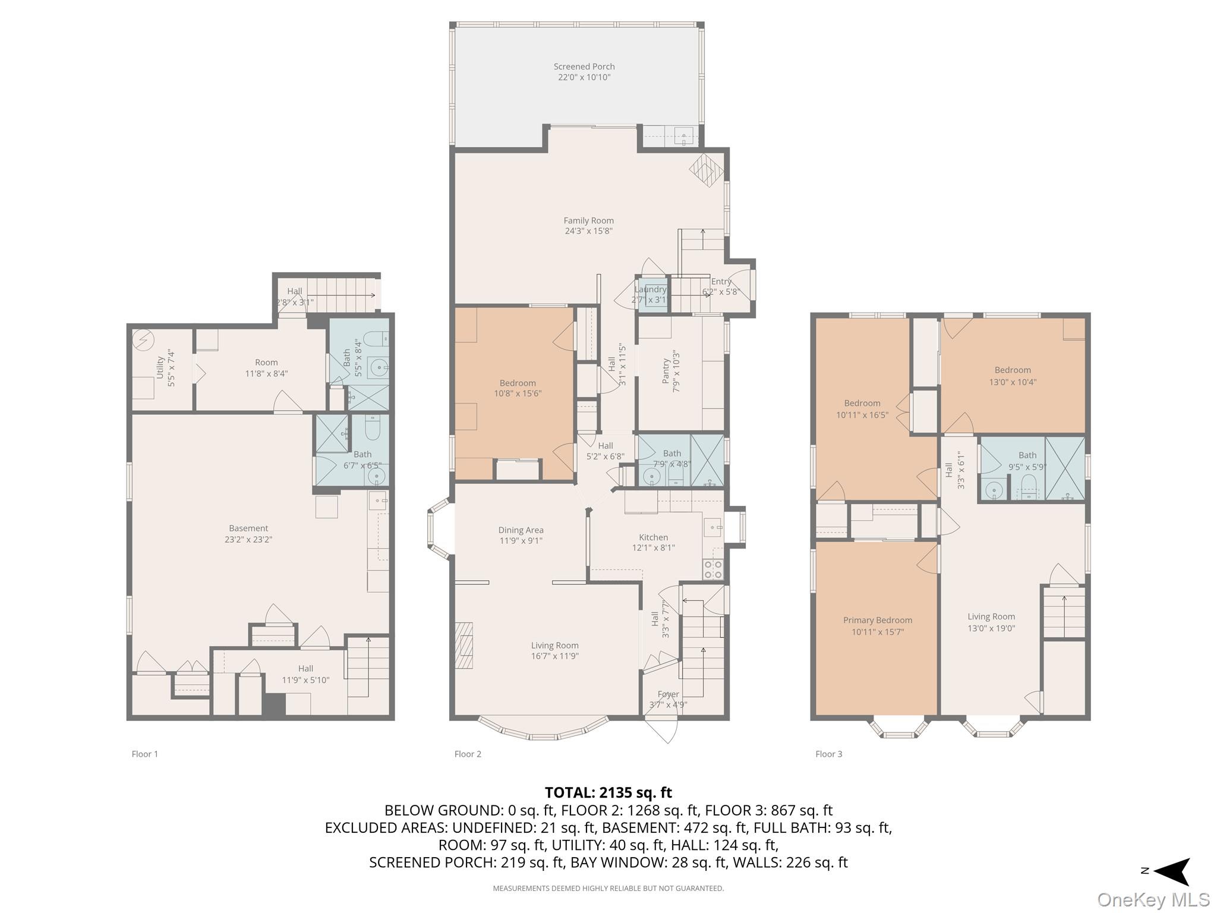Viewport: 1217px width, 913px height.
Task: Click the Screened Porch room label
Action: tap(584, 67)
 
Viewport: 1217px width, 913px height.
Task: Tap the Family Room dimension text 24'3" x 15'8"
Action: tap(588, 231)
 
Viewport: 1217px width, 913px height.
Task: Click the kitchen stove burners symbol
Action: tap(712, 569)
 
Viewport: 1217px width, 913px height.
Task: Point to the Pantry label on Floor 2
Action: tap(666, 372)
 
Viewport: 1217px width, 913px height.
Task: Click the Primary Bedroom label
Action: tap(877, 620)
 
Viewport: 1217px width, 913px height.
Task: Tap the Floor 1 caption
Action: tap(144, 754)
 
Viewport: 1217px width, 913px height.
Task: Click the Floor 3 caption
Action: tap(828, 754)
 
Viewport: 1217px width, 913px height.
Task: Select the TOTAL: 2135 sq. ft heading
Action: tap(608, 792)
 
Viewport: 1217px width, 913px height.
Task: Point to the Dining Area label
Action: tap(521, 530)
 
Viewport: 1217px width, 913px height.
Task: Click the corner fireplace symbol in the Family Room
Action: tap(707, 171)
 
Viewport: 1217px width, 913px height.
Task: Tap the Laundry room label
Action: tap(650, 289)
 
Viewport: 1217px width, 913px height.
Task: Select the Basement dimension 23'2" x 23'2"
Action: tap(248, 540)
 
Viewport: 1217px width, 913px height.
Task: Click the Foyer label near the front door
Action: tap(668, 694)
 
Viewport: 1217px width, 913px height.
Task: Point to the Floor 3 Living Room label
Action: tap(991, 616)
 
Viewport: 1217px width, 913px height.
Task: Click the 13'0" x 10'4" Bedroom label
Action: tap(1013, 382)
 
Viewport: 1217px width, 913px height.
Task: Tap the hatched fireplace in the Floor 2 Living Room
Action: tap(464, 646)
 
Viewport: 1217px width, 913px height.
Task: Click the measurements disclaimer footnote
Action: tap(608, 889)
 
